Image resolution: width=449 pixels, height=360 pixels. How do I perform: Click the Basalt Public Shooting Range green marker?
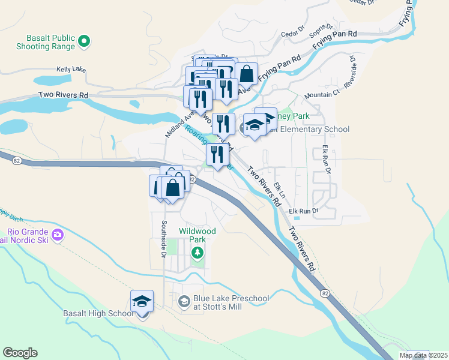[85, 41]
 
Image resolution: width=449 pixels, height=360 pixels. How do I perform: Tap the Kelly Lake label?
[71, 69]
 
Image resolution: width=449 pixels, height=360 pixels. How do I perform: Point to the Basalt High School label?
[98, 313]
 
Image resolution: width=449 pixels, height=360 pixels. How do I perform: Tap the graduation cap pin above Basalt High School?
[142, 301]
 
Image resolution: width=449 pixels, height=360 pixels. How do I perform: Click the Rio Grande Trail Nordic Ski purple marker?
[58, 234]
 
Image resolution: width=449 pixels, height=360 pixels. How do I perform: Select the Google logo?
[20, 353]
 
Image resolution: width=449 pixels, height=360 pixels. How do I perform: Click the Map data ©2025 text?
[423, 355]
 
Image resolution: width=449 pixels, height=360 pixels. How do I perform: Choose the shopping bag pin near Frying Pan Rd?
[247, 73]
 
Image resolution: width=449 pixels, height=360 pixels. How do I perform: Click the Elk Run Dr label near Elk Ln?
[303, 211]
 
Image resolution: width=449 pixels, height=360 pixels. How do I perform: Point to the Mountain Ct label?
[322, 94]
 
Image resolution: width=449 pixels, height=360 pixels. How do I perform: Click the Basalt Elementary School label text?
[312, 129]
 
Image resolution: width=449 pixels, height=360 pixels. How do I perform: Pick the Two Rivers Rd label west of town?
[63, 95]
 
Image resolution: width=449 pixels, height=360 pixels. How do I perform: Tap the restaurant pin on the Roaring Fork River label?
[217, 155]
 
